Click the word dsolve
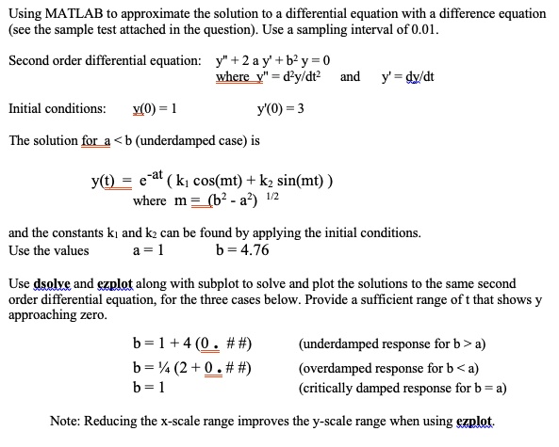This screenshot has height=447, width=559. point(54,282)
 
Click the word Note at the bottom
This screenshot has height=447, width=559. point(66,421)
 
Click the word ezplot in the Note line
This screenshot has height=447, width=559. point(477,421)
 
